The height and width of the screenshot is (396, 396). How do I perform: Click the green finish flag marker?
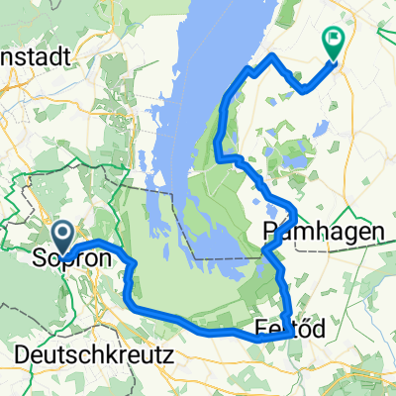333,44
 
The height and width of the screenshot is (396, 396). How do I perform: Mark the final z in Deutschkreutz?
169,352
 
